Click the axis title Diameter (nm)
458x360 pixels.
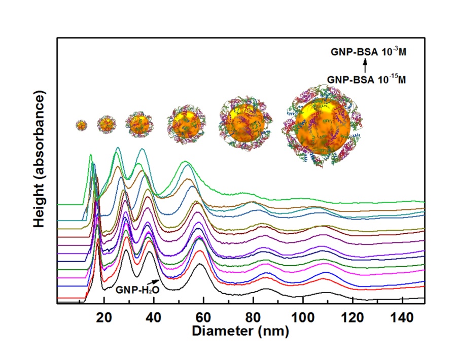click(240, 332)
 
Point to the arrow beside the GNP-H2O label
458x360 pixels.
click(154, 283)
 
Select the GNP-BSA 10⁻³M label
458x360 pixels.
click(365, 52)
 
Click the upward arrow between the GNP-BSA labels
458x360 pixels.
click(365, 66)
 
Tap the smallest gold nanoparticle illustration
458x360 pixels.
click(81, 124)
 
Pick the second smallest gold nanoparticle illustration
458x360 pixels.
click(107, 124)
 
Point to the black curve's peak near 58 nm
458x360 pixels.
click(200, 264)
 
